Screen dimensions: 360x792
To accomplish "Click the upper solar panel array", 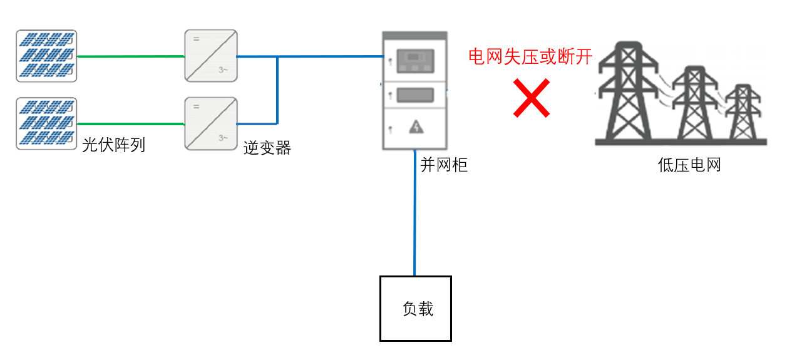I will point(46,56).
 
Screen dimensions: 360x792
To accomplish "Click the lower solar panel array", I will point(46,123).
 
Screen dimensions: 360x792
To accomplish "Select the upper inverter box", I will point(211,55).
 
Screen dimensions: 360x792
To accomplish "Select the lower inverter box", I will point(211,123).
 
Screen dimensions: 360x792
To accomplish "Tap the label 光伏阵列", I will point(113,146).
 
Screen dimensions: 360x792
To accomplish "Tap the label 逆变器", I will point(267,148).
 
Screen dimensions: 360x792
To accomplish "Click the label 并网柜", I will point(443,165).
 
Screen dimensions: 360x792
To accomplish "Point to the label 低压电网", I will point(689,165).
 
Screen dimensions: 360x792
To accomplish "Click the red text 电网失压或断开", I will point(530,57).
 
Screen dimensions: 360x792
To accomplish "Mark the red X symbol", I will point(532,98).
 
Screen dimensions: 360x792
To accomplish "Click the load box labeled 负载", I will point(416,308).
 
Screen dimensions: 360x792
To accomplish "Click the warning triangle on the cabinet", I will point(416,127).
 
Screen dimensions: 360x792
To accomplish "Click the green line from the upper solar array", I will point(131,56).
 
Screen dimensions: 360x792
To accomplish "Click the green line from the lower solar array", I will point(131,124).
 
